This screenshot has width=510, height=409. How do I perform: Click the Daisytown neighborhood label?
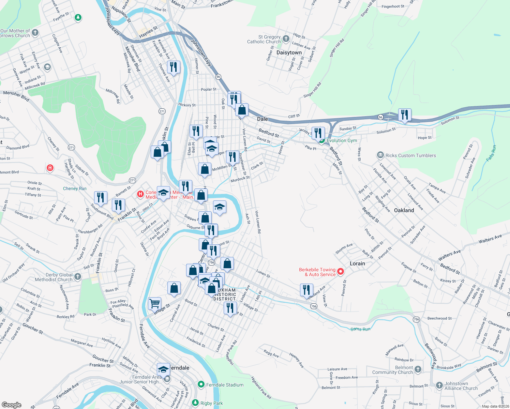click(289, 52)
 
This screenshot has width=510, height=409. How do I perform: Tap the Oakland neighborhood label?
click(404, 210)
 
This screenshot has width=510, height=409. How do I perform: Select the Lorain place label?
click(357, 263)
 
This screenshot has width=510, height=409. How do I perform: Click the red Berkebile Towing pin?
click(341, 272)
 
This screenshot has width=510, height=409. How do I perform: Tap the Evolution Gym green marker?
click(321, 140)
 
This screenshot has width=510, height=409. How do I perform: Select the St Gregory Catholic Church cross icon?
click(286, 39)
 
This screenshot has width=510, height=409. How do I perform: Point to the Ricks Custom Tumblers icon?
click(380, 155)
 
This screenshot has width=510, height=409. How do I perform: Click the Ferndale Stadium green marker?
click(201, 385)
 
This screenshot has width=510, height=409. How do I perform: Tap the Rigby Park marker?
click(195, 403)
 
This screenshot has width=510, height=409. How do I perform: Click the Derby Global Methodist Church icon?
click(78, 277)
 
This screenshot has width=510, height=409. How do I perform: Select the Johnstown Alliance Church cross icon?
click(439, 385)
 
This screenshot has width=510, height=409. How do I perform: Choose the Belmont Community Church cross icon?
click(418, 369)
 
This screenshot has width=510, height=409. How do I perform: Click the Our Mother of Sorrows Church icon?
click(35, 33)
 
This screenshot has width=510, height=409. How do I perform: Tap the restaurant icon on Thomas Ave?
click(174, 67)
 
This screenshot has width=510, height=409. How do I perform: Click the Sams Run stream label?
click(360, 329)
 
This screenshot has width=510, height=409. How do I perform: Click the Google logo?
click(12, 405)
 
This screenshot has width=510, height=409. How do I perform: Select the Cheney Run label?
click(75, 188)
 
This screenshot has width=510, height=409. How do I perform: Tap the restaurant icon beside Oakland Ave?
click(306, 290)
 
